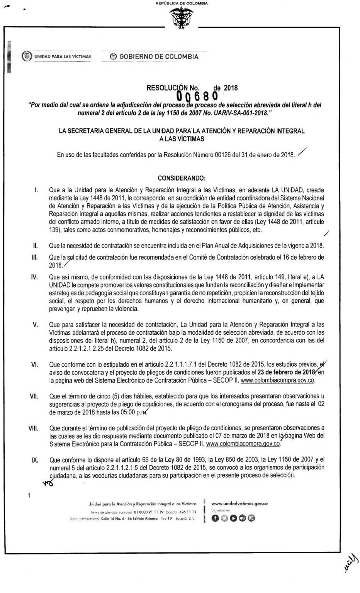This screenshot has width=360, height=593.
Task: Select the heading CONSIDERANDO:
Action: (x=182, y=178)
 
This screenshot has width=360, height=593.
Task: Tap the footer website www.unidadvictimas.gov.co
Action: (x=240, y=503)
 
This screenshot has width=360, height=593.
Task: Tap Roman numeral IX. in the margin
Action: (x=34, y=460)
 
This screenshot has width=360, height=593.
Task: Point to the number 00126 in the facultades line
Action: (x=217, y=155)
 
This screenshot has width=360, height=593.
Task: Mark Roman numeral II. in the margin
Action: (x=34, y=246)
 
